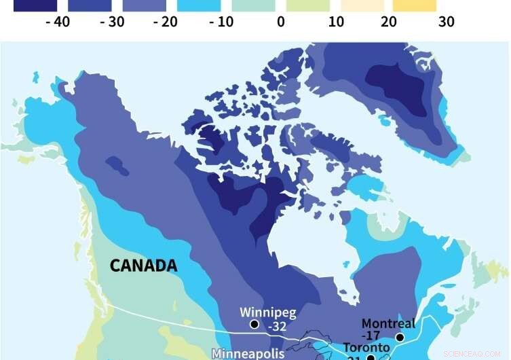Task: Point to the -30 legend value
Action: [x=111, y=22]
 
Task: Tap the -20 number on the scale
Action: [x=166, y=22]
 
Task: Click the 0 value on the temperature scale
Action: [x=280, y=22]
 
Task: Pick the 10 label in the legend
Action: [x=336, y=22]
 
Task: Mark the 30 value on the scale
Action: [x=446, y=22]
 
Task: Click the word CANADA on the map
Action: [x=144, y=265]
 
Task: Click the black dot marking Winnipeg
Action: [x=254, y=325]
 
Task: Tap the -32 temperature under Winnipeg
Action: [x=277, y=326]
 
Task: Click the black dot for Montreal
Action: [x=400, y=337]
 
